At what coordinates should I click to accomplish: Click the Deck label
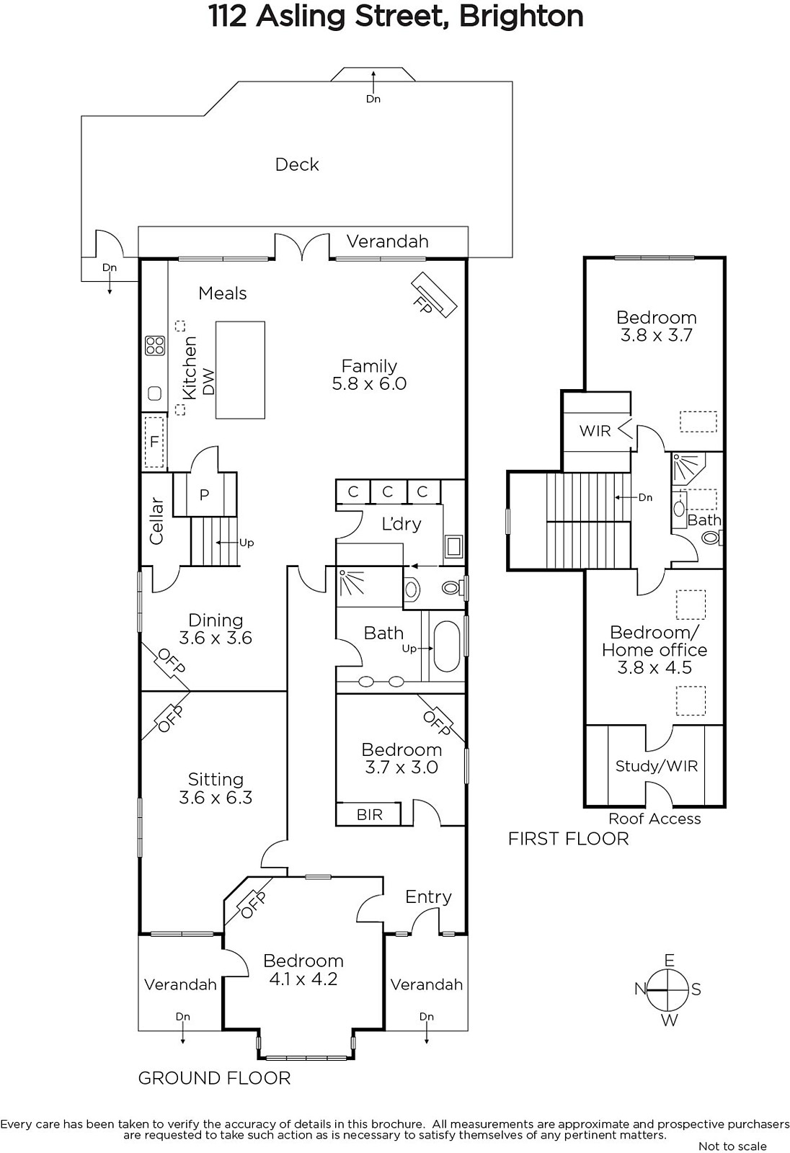[297, 165]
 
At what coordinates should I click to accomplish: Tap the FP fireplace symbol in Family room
[434, 295]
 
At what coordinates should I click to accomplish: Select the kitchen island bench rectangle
[240, 370]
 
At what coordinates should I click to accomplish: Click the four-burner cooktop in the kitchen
[154, 346]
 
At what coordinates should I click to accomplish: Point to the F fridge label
[154, 442]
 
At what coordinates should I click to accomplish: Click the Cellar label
[156, 521]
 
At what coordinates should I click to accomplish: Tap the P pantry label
[205, 494]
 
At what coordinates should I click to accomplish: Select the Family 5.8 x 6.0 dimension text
[369, 383]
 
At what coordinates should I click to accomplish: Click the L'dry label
[401, 524]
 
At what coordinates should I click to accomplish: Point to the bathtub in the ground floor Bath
[446, 646]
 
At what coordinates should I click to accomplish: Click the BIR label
[370, 815]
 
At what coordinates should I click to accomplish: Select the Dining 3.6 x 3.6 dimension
[216, 638]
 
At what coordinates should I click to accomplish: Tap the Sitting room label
[216, 779]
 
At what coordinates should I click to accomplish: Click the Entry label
[428, 897]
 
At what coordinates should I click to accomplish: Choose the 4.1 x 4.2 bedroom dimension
[303, 979]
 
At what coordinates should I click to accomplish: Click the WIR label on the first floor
[595, 431]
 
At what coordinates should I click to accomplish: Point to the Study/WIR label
[657, 766]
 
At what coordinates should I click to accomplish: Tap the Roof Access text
[654, 819]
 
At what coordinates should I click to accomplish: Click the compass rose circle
[668, 989]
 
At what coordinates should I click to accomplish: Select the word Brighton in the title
[520, 17]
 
